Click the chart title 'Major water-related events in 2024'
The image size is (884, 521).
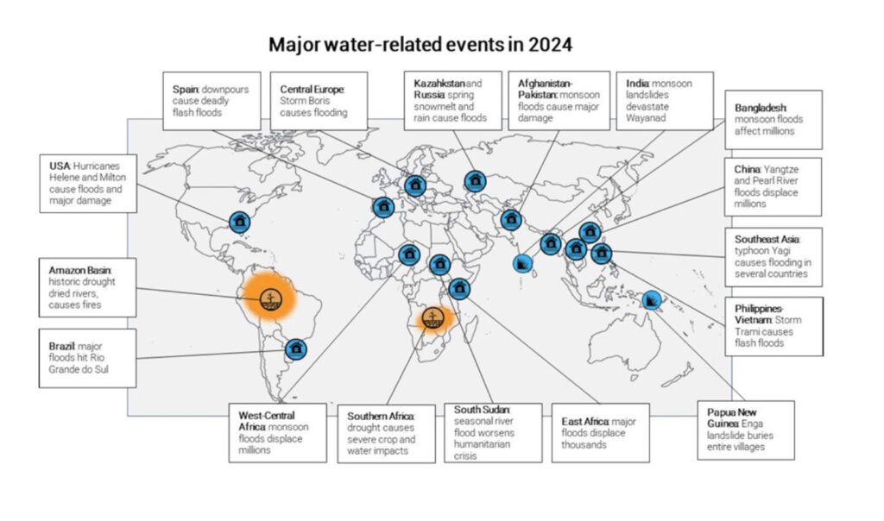(420, 45)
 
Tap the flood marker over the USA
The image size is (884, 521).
(239, 222)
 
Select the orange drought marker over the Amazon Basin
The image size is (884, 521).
(269, 298)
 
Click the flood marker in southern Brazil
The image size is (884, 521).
(295, 349)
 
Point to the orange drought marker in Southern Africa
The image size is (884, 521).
(433, 317)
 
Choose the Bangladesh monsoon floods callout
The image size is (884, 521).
(772, 119)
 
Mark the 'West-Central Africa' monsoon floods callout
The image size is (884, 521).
(276, 432)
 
